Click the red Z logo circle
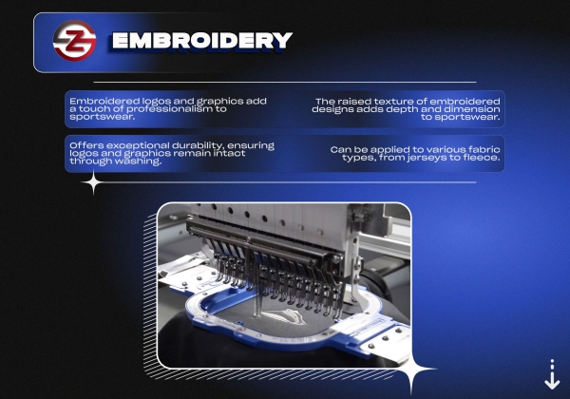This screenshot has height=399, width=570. click(x=74, y=40)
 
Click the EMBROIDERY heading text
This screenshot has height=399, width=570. click(x=202, y=40)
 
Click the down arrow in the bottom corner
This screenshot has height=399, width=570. click(x=552, y=376)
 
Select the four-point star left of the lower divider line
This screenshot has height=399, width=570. click(x=93, y=182)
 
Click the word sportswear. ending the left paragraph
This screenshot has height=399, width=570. click(x=103, y=117)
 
